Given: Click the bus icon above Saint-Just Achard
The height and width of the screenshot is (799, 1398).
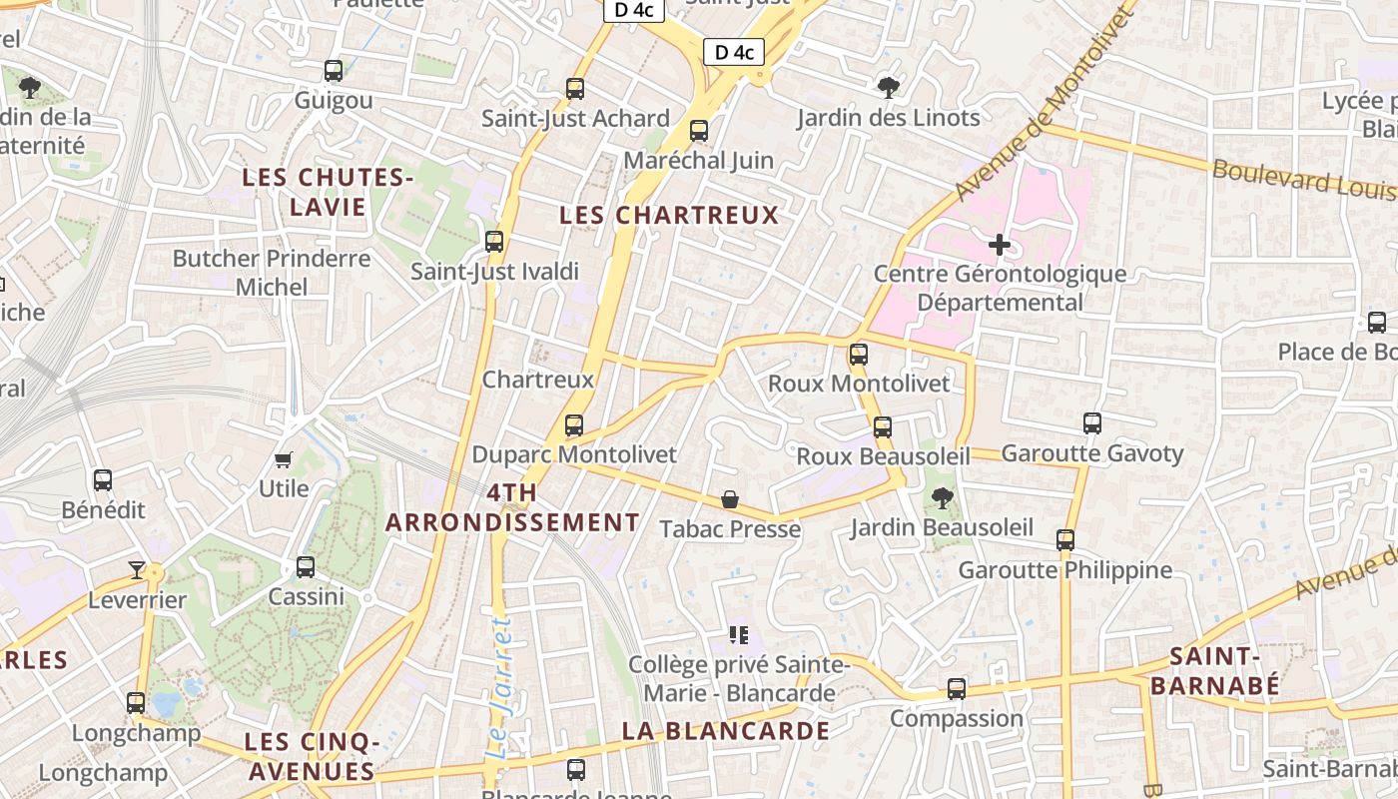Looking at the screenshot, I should click(575, 88).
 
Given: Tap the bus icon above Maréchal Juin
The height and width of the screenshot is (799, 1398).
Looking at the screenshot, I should click(699, 130).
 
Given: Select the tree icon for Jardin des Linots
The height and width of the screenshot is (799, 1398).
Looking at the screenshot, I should click(888, 88).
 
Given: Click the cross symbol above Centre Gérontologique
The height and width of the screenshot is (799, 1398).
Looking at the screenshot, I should click(999, 245).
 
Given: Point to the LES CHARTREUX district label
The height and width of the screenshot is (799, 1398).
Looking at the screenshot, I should click(668, 215).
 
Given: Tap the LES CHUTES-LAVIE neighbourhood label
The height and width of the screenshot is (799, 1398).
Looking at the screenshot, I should click(329, 193).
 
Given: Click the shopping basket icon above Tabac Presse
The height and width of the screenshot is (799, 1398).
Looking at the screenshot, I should click(730, 499).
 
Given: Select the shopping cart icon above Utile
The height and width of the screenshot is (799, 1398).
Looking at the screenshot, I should click(284, 459).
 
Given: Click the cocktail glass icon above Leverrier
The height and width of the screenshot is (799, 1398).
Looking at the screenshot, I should click(137, 570).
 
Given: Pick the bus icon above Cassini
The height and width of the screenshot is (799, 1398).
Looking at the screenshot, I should click(306, 567).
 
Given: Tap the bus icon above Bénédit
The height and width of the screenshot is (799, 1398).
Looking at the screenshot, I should click(103, 480).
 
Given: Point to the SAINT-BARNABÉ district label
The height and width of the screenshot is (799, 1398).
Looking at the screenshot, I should click(1213, 670).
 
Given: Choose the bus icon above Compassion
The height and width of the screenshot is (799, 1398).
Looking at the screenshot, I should click(957, 688).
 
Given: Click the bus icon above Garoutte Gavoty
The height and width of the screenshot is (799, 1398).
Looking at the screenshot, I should click(1092, 423).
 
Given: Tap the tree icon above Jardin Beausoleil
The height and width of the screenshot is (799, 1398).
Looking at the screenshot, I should click(941, 496).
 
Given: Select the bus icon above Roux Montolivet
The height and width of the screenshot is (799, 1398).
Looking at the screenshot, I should click(859, 354).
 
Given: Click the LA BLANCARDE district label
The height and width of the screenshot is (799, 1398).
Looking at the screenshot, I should click(725, 731).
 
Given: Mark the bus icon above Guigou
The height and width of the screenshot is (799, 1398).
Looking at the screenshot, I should click(334, 71).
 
